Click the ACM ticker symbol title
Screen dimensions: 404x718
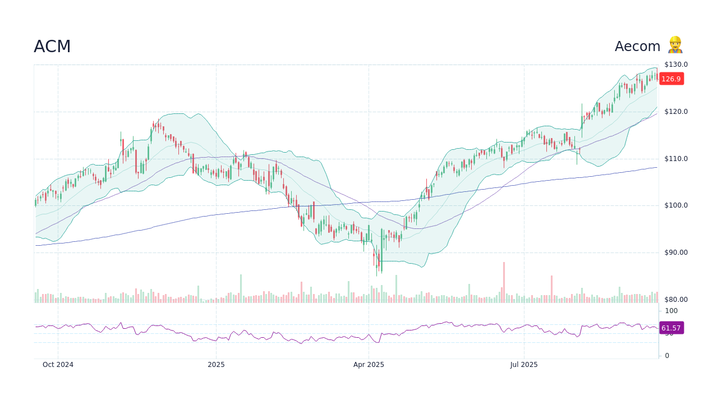tap(52, 47)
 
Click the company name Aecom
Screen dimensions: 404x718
tap(637, 47)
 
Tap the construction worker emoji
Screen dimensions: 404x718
tap(675, 45)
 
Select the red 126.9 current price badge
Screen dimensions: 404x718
tap(671, 79)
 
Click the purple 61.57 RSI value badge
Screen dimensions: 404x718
tap(671, 328)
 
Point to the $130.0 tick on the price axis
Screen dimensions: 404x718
tap(676, 65)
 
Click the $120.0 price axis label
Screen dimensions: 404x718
tap(676, 112)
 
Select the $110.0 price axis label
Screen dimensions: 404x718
tap(676, 159)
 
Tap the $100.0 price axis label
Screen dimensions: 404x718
tap(676, 205)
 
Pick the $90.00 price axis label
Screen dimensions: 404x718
tap(676, 252)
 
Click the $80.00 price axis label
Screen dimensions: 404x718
tap(676, 300)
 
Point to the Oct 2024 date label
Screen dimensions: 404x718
tap(58, 365)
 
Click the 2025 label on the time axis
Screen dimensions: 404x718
tap(216, 365)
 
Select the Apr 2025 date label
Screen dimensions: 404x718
tap(369, 365)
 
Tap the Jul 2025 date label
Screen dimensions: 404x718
tap(524, 365)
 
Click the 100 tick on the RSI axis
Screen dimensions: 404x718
tap(671, 311)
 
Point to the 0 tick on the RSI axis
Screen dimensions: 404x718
tap(667, 356)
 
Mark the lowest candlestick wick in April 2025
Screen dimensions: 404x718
tap(377, 274)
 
